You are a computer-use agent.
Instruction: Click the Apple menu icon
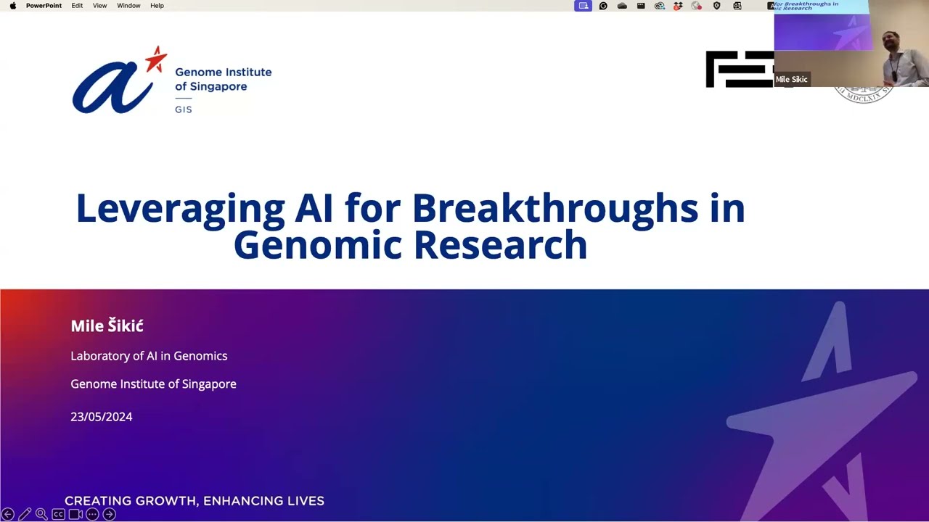tap(12, 6)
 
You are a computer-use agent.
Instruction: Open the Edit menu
tap(77, 6)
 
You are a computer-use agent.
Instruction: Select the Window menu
tap(128, 6)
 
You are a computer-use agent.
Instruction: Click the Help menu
tap(157, 6)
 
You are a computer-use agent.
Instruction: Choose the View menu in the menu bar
tap(100, 6)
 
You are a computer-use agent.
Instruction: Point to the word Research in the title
tap(500, 245)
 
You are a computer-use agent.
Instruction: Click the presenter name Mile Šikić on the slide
tap(107, 326)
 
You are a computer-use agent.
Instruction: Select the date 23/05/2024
tap(101, 417)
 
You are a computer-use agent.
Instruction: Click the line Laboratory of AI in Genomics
tap(149, 356)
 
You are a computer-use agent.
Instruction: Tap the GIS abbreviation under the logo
tap(184, 109)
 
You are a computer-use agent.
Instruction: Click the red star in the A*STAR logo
tap(155, 59)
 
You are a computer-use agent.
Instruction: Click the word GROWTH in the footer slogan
tap(165, 501)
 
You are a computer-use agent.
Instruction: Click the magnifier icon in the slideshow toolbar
tap(41, 514)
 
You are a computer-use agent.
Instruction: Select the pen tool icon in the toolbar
tap(25, 514)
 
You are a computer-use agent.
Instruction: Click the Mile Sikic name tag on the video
tap(791, 80)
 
